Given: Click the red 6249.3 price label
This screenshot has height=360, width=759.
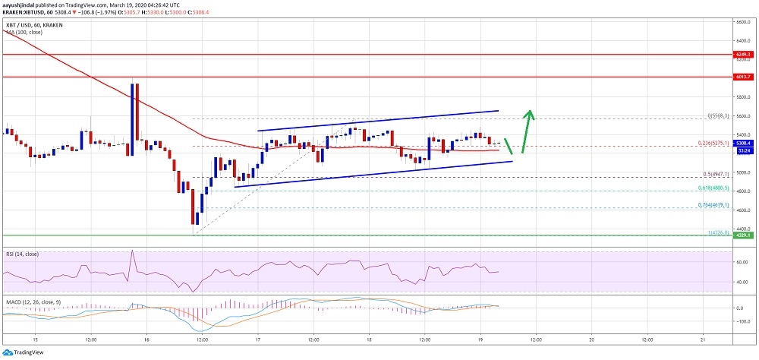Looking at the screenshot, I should [742, 55].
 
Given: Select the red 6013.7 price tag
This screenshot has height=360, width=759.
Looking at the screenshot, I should [742, 77].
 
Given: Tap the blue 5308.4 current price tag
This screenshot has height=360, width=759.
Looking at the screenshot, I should [742, 143].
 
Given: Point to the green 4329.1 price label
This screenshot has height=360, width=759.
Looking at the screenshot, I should [742, 235].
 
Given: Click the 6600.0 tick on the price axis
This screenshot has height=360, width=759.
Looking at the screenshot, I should [742, 22].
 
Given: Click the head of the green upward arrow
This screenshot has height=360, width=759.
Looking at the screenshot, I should [531, 115].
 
